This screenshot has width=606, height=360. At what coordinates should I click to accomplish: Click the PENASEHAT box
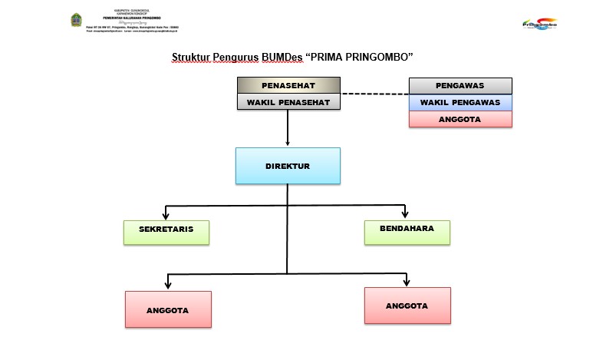click(288, 85)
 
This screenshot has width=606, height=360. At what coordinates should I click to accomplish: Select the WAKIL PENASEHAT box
click(288, 102)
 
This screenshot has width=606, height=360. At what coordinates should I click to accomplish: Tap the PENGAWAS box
click(459, 85)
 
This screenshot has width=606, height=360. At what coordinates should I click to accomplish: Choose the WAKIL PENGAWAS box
click(459, 102)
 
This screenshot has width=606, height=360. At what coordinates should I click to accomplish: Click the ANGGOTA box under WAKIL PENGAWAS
click(459, 119)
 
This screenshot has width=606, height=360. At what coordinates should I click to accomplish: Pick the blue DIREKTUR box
click(287, 165)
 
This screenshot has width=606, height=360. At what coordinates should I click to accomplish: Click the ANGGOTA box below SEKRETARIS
click(167, 310)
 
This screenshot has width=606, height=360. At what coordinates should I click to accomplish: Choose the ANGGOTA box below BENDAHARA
click(407, 306)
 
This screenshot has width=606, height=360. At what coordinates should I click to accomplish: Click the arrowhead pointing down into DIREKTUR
click(288, 142)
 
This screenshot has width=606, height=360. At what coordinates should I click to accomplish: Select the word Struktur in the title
click(191, 58)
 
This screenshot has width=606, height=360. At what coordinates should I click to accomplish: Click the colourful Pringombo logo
click(539, 24)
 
